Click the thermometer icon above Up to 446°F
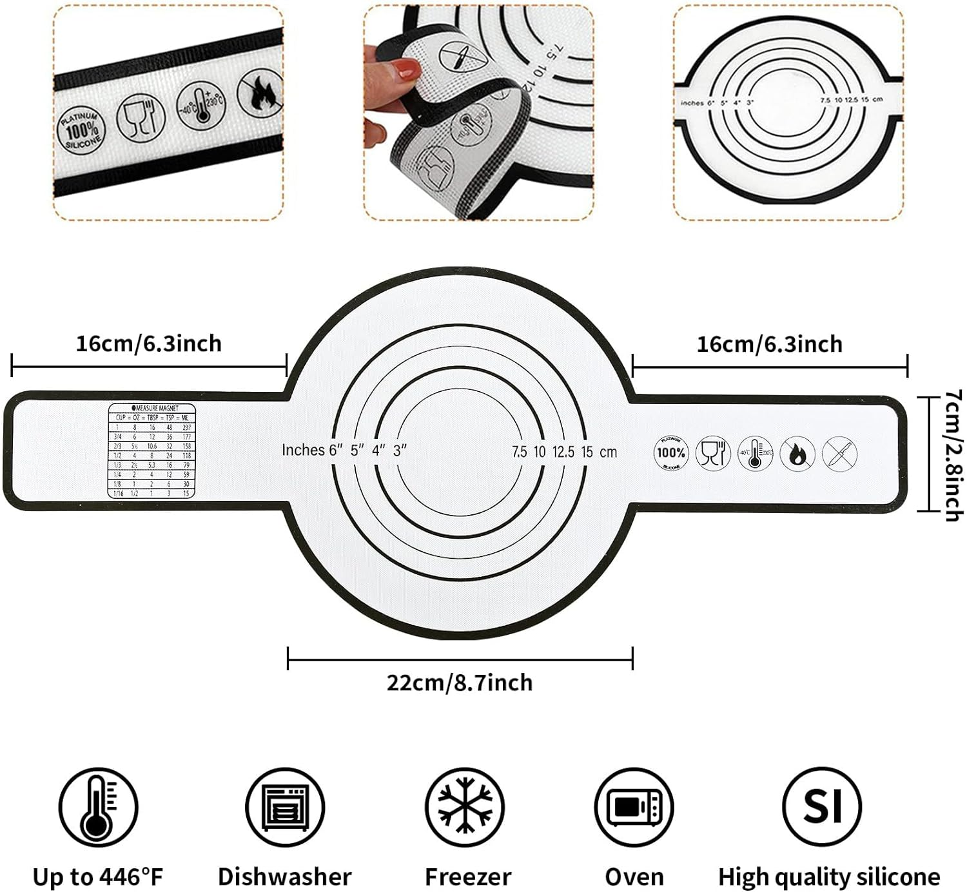pos(98,806)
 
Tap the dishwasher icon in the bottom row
pos(284,807)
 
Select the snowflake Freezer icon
pos(464,807)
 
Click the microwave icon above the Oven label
pos(634,807)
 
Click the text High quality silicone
pos(829,877)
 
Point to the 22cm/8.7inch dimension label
pos(460,683)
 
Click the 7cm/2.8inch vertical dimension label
pos(953,455)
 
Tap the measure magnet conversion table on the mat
pos(151,451)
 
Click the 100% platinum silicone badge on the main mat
pos(670,452)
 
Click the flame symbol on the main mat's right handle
pos(797,454)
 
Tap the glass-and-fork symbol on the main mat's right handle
pos(712,452)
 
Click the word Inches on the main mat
pos(303,450)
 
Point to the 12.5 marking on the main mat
pos(563,452)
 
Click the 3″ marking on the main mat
pos(400,450)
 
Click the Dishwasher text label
pos(284,877)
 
